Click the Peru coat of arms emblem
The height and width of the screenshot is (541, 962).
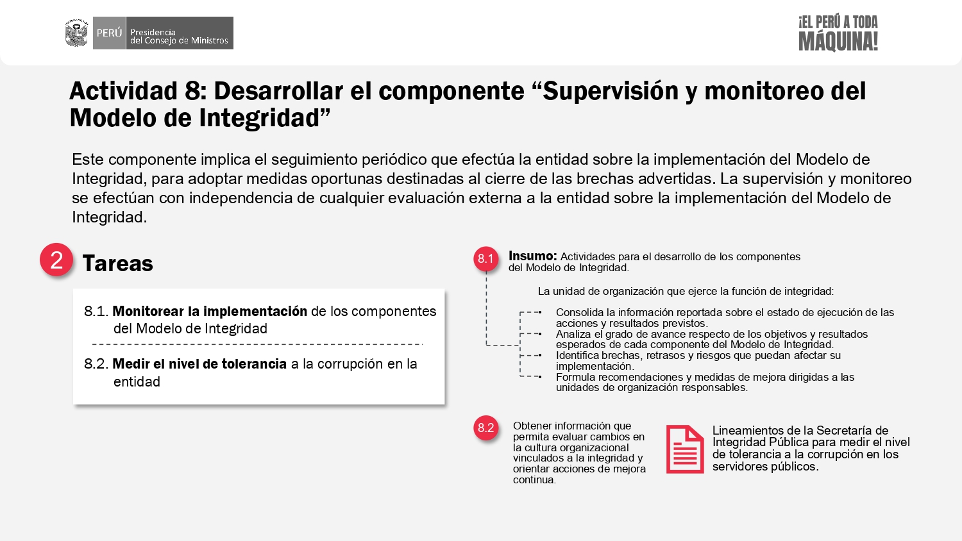76,33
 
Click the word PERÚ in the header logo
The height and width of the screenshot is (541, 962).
109,33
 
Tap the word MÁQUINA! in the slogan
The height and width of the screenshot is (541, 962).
838,41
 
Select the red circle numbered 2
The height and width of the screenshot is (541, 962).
56,260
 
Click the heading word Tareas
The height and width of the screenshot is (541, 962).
117,263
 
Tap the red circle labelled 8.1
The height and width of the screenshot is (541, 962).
485,258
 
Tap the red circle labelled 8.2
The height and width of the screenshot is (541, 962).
485,428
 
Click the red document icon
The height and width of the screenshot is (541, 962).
685,449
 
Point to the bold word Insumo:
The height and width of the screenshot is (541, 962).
532,256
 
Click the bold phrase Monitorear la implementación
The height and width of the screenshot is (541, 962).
210,311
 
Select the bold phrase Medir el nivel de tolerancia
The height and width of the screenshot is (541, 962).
199,363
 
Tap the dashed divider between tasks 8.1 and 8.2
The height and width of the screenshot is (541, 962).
258,344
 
